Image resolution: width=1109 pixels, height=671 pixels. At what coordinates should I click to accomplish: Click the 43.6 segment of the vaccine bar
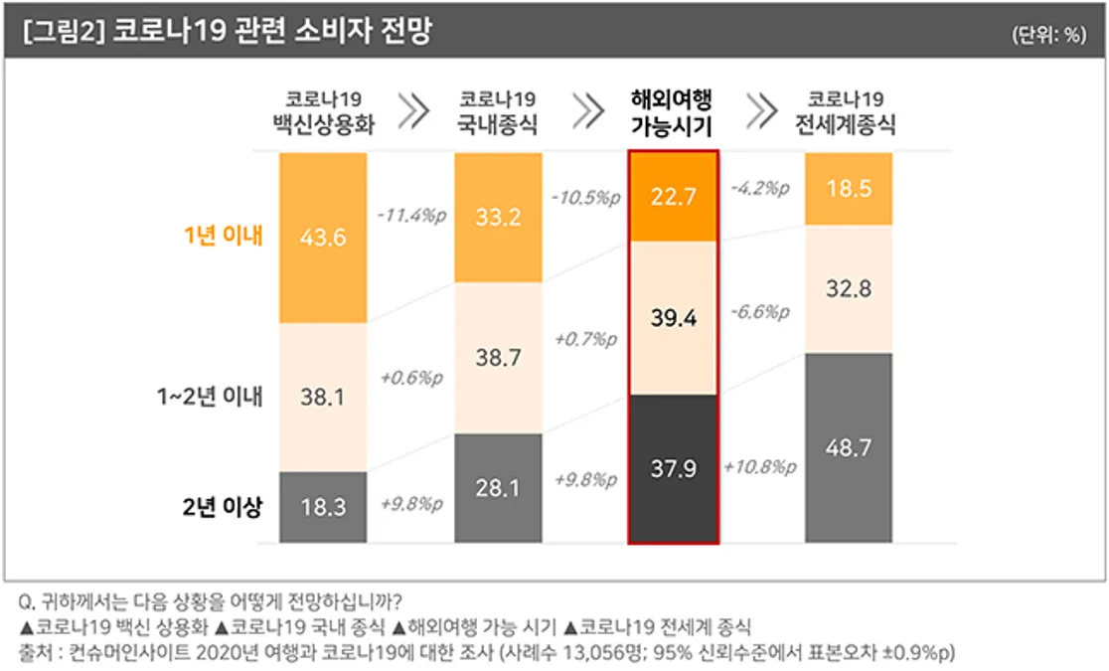pyautogui.click(x=323, y=238)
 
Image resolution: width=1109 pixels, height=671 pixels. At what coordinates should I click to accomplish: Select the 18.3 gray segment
pyautogui.click(x=323, y=507)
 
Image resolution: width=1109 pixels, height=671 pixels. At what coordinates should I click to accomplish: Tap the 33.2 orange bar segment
pyautogui.click(x=498, y=218)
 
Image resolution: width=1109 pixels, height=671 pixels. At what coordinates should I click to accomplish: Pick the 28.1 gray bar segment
pyautogui.click(x=498, y=488)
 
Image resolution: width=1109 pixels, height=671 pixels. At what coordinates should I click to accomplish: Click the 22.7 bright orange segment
pyautogui.click(x=674, y=197)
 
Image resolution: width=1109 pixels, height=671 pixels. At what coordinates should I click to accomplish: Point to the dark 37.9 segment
pyautogui.click(x=674, y=468)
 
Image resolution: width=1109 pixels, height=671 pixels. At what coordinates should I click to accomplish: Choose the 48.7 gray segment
pyautogui.click(x=849, y=448)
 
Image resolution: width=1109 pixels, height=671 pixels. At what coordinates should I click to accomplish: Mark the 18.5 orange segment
pyautogui.click(x=849, y=189)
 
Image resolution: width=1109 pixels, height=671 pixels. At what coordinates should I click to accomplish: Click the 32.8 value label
pyautogui.click(x=849, y=289)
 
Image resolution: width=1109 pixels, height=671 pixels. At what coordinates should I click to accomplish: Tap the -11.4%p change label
pyautogui.click(x=411, y=215)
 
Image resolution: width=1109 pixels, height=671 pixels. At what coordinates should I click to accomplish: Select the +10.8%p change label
pyautogui.click(x=759, y=467)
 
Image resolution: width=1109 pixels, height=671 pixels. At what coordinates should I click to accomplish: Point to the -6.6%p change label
pyautogui.click(x=760, y=312)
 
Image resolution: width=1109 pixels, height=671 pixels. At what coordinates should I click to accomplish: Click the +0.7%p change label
pyautogui.click(x=585, y=340)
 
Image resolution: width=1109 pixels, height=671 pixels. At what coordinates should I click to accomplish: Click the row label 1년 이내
pyautogui.click(x=224, y=236)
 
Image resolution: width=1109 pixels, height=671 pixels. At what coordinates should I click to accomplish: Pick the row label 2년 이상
pyautogui.click(x=223, y=507)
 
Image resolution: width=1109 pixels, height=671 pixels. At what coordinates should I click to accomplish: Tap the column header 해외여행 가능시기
pyautogui.click(x=672, y=112)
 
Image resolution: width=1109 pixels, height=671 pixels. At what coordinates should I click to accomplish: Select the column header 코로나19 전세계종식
pyautogui.click(x=846, y=112)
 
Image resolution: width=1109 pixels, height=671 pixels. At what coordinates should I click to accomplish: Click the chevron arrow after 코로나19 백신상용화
pyautogui.click(x=413, y=111)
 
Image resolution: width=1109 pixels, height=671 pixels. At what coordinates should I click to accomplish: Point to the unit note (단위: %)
pyautogui.click(x=1048, y=35)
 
